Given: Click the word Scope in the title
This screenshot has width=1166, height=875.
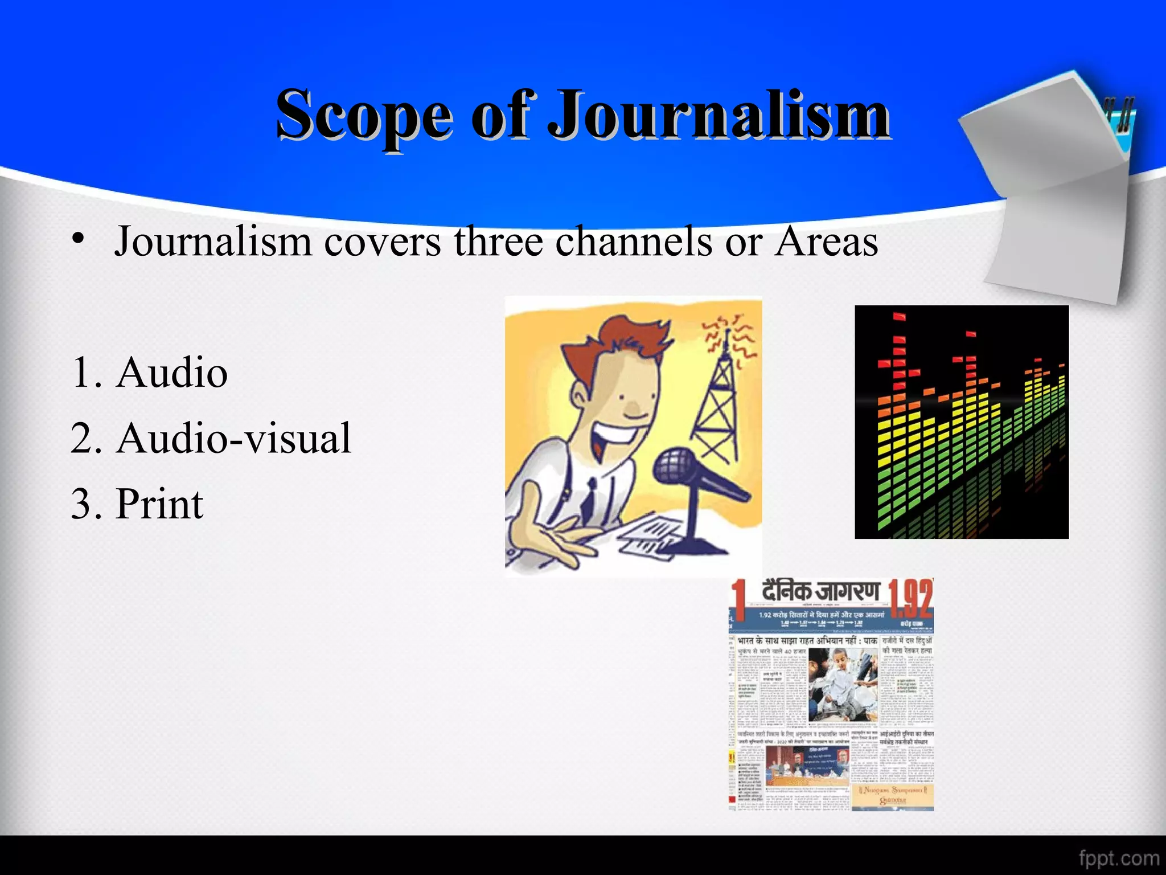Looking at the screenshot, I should click(364, 116).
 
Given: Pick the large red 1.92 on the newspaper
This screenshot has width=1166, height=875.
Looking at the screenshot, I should click(910, 598).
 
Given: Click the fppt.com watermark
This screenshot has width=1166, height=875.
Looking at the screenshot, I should click(1119, 858).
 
